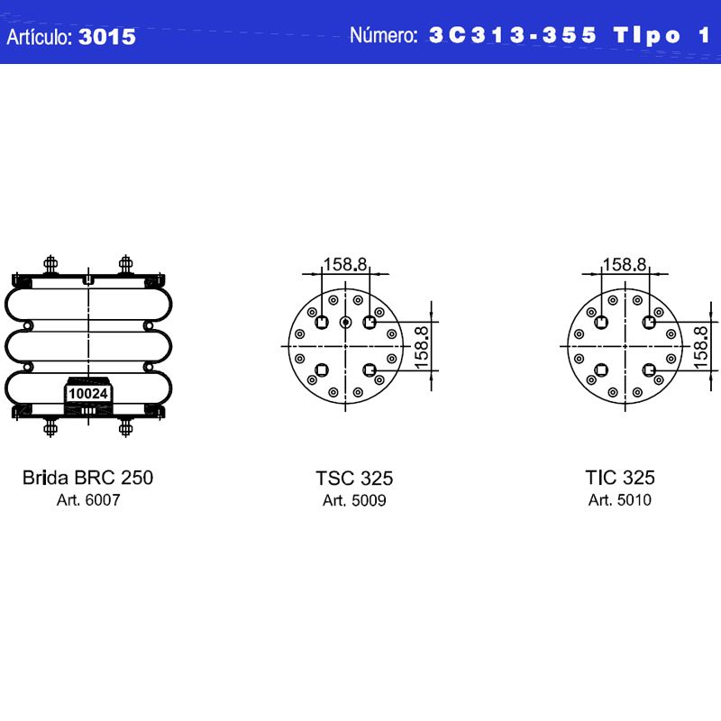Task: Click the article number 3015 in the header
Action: (107, 37)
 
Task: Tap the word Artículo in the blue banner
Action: (40, 37)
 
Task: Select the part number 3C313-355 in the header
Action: (513, 35)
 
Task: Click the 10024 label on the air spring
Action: (87, 394)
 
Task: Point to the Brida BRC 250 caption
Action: (87, 478)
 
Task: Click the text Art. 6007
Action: (88, 500)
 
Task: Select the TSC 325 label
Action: (354, 479)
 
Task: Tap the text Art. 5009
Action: (354, 500)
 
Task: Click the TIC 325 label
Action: (620, 478)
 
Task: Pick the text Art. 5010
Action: (620, 500)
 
